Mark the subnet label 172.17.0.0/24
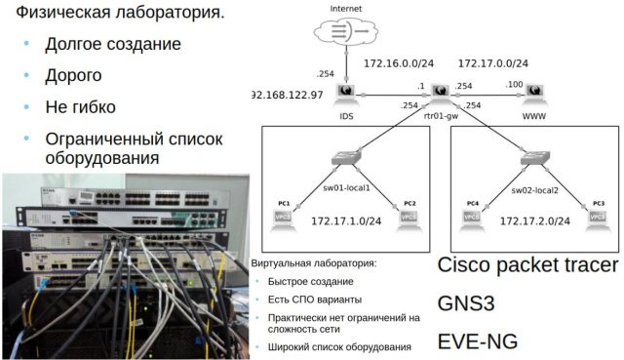point(493,64)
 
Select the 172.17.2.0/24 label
point(534,221)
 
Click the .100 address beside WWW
point(515,85)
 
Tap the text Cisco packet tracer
point(527,265)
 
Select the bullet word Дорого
point(74,75)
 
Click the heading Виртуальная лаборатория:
point(314,263)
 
